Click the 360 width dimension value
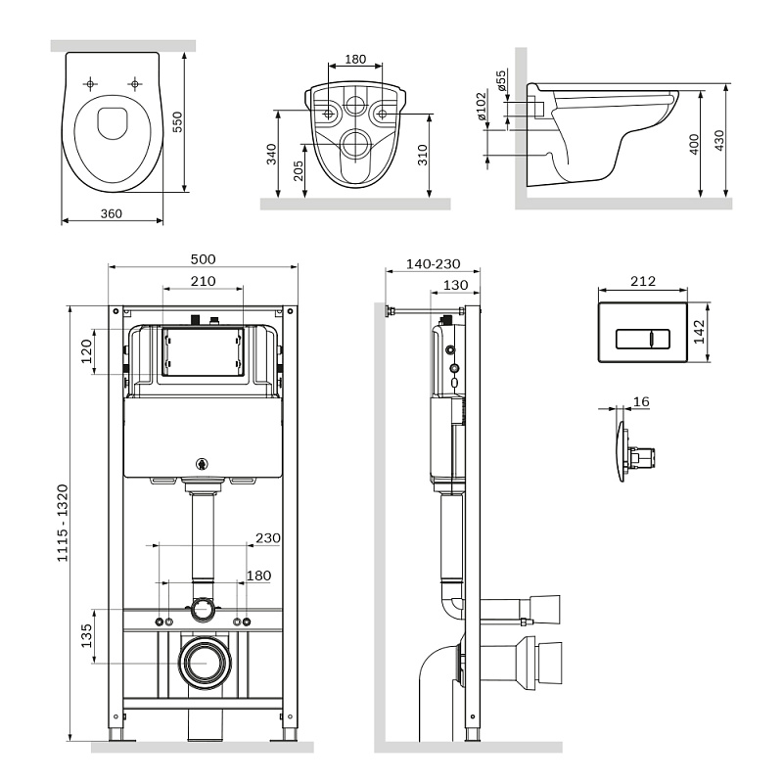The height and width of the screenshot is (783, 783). click(111, 212)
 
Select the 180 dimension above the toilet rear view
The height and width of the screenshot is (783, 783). click(355, 60)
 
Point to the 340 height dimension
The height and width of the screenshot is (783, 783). click(271, 154)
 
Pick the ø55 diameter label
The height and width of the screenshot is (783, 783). click(501, 81)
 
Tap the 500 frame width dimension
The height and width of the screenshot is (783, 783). click(203, 259)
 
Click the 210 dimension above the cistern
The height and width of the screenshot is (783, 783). click(203, 282)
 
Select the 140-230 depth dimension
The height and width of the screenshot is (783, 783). click(431, 265)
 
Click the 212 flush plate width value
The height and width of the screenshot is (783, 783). click(642, 282)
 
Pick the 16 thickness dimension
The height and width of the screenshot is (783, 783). click(642, 401)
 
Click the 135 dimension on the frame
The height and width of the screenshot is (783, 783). click(86, 636)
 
